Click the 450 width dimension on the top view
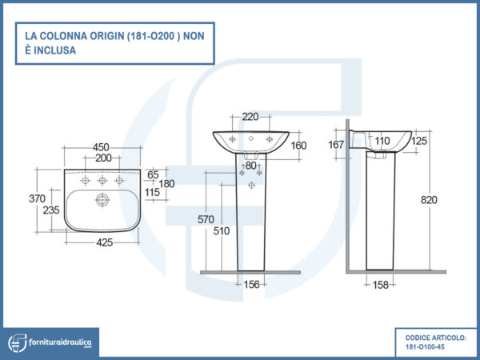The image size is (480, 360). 101,147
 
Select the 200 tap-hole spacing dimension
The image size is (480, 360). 103,158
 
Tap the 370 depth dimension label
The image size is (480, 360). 37,198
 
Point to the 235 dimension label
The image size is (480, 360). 51,210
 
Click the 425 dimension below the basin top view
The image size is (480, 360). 104,242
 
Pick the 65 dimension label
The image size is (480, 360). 153,174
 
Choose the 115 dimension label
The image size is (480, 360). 152,193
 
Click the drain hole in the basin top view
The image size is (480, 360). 102,200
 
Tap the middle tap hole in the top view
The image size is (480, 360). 102,181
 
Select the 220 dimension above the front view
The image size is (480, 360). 250,117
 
